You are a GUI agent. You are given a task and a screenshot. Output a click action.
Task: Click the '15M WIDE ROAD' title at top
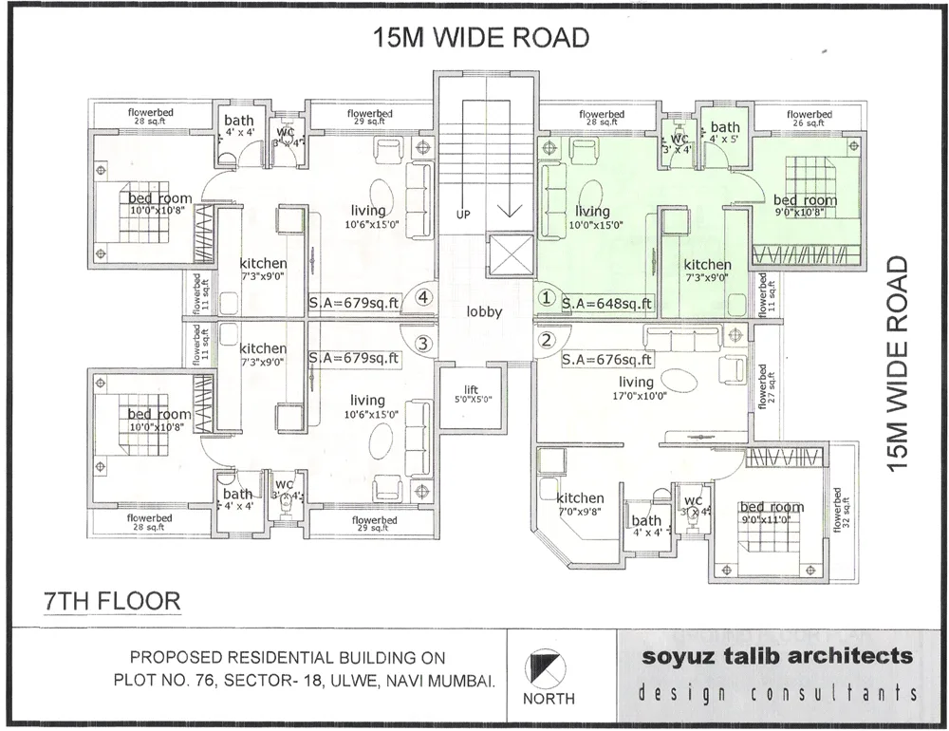[x=481, y=37]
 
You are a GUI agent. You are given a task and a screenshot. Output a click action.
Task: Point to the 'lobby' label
[x=484, y=311]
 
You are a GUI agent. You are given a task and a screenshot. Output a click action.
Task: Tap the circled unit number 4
[x=424, y=298]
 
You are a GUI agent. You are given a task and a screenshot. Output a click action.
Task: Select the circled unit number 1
[x=546, y=297]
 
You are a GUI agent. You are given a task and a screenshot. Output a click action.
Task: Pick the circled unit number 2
[x=546, y=340]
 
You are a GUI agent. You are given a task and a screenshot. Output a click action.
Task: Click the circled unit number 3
[x=424, y=343]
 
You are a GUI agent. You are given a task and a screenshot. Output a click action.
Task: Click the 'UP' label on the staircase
[x=463, y=216]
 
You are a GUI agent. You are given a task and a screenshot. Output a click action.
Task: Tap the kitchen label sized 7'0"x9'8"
[x=580, y=503]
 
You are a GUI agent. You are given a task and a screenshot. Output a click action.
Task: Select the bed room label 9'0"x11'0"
[x=772, y=513]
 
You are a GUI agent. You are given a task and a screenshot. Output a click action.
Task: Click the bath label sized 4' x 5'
[x=725, y=132]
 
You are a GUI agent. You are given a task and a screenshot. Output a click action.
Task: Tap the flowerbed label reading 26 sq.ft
[x=809, y=118]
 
